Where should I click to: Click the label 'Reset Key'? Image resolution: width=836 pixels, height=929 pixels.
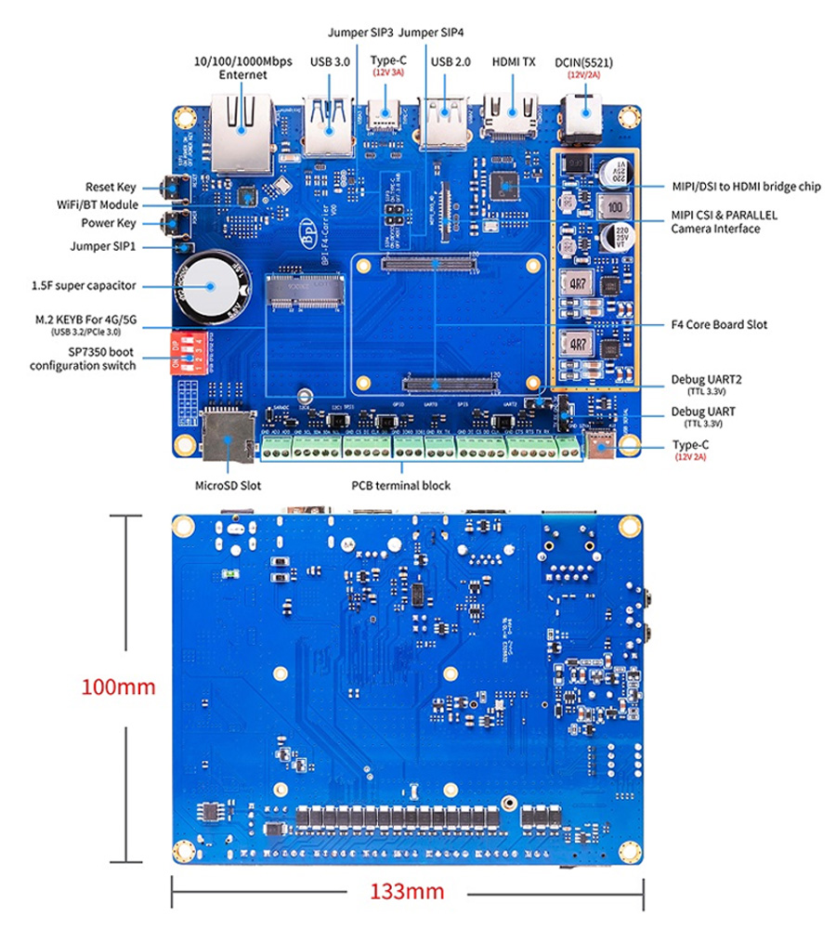pyautogui.click(x=111, y=187)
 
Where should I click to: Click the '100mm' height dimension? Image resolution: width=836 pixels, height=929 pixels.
pyautogui.click(x=118, y=687)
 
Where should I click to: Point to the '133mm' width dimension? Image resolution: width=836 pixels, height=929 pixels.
pyautogui.click(x=407, y=891)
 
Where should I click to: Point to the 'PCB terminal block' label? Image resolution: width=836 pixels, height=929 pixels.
pyautogui.click(x=402, y=485)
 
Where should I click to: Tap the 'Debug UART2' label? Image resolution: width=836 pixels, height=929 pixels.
pyautogui.click(x=706, y=380)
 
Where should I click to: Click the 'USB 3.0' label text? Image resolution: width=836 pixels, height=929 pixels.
pyautogui.click(x=330, y=62)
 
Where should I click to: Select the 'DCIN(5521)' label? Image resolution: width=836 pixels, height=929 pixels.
pyautogui.click(x=584, y=62)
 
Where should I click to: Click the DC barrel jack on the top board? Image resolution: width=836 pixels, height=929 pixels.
pyautogui.click(x=586, y=122)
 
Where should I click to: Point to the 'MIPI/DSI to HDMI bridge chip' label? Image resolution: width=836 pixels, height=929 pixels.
pyautogui.click(x=746, y=187)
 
